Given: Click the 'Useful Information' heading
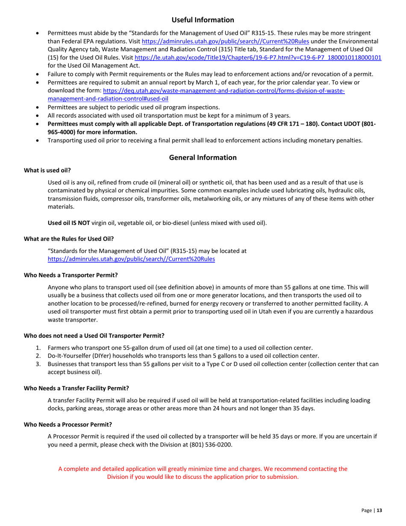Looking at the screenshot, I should [203, 20].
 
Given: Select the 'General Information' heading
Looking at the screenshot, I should [203, 158].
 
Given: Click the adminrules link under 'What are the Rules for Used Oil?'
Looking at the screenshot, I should [131, 259].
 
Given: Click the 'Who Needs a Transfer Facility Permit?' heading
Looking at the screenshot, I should [76, 388].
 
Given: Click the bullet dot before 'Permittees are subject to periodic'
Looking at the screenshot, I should [39, 107].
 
